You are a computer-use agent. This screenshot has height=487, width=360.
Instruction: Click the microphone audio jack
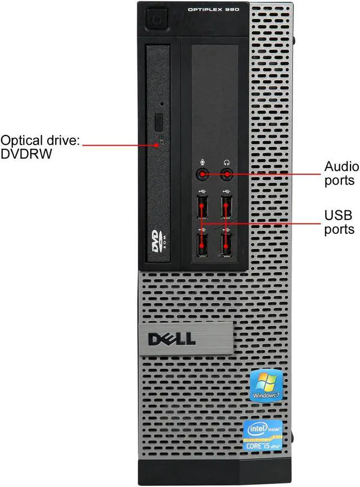pyautogui.click(x=202, y=174)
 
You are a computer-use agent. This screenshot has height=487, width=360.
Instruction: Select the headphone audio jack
pyautogui.click(x=227, y=174)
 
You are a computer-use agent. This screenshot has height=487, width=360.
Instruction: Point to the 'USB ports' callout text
pyautogui.click(x=339, y=222)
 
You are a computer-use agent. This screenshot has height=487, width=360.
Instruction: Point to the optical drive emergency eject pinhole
pyautogui.click(x=163, y=104)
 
